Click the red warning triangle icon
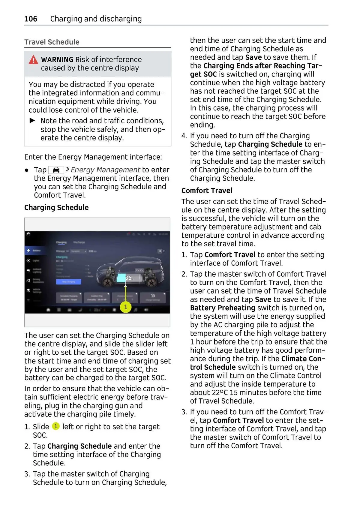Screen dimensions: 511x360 pos(33,60)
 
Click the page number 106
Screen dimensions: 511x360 pos(31,19)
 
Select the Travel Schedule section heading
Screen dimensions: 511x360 pos(52,42)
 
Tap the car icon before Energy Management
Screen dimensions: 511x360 pos(56,170)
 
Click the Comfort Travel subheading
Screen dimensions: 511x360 pos(207,191)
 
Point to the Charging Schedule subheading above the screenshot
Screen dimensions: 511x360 pos(56,207)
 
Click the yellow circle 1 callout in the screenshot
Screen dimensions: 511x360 pos(126,307)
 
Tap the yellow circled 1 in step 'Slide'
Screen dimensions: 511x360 pos(56,426)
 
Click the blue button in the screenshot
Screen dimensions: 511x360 pos(68,281)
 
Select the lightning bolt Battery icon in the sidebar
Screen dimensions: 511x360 pos(28,250)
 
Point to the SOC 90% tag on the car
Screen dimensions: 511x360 pos(139,270)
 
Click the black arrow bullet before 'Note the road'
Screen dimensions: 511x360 pos(32,121)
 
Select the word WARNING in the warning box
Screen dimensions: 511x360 pos(57,59)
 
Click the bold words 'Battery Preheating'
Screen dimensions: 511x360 pos(223,308)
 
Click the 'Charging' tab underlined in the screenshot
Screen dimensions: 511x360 pos(61,242)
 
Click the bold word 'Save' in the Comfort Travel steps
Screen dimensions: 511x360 pos(263,299)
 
